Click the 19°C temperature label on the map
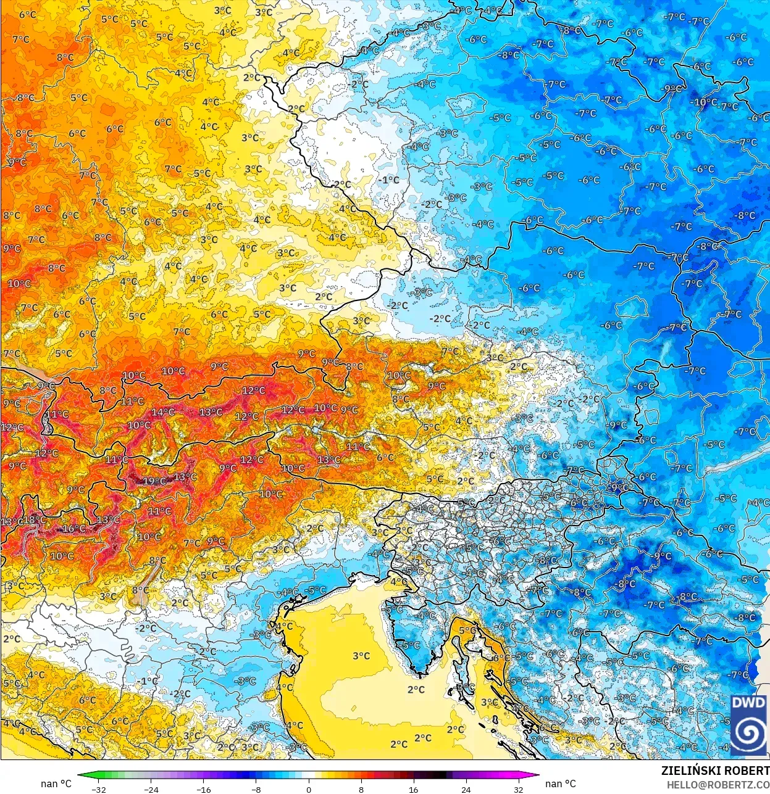point(154,481)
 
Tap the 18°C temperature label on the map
point(34,520)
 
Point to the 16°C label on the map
point(73,529)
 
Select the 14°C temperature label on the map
point(162,412)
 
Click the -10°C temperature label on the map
point(704,102)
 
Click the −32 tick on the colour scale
point(98,789)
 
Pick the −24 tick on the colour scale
point(151,789)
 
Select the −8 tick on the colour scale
point(256,789)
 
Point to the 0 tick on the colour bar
point(309,789)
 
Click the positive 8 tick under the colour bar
point(361,789)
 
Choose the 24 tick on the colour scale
point(466,789)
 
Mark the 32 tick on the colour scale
point(519,789)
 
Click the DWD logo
point(749,725)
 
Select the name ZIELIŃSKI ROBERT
point(715,771)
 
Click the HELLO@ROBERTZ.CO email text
point(718,784)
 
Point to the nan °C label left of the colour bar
point(56,784)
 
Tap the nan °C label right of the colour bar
point(561,784)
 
